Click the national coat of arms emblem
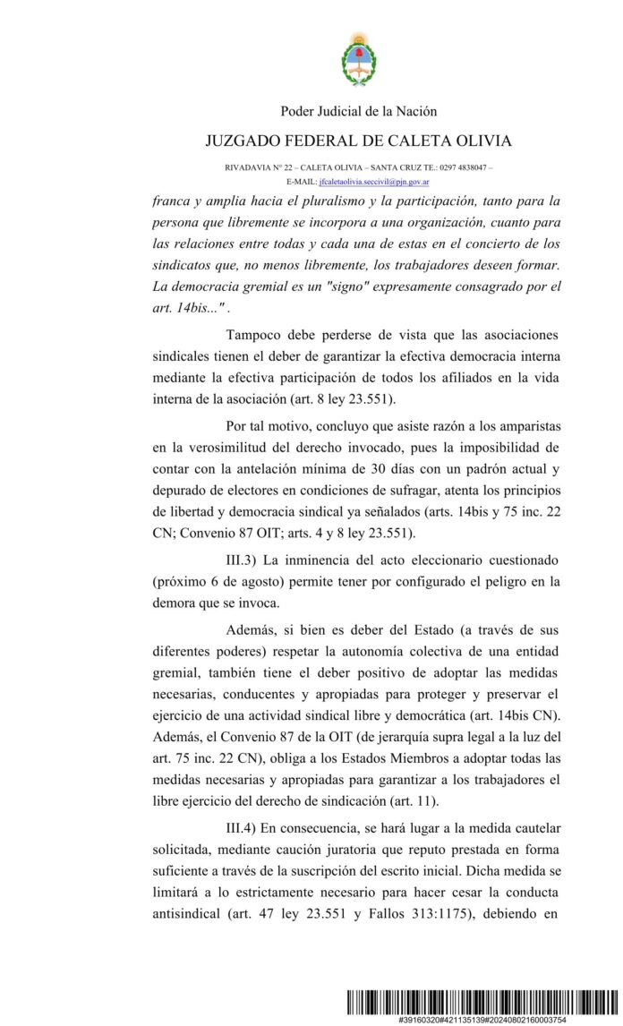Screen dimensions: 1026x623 click(x=358, y=58)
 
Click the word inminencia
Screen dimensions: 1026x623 click(x=328, y=560)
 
